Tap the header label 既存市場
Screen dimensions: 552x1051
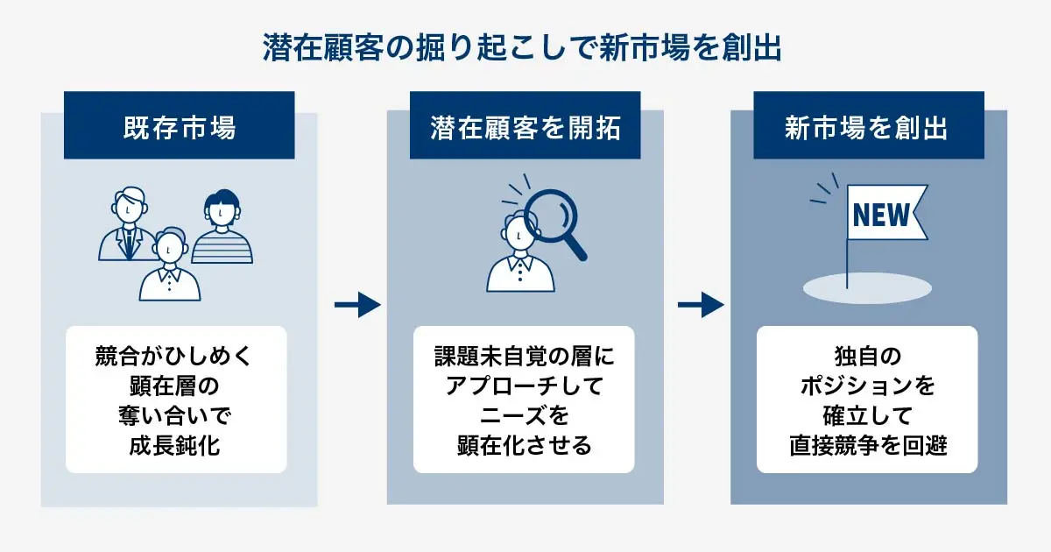[179, 129]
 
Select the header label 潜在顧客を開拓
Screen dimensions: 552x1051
[525, 129]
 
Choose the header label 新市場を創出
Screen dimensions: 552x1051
[866, 129]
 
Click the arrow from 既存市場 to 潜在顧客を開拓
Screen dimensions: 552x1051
[357, 305]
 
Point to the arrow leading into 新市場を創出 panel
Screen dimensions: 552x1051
[701, 305]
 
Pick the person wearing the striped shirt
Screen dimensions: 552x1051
[222, 230]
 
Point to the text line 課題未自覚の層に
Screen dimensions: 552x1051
[524, 357]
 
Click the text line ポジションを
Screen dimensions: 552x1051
[866, 386]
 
